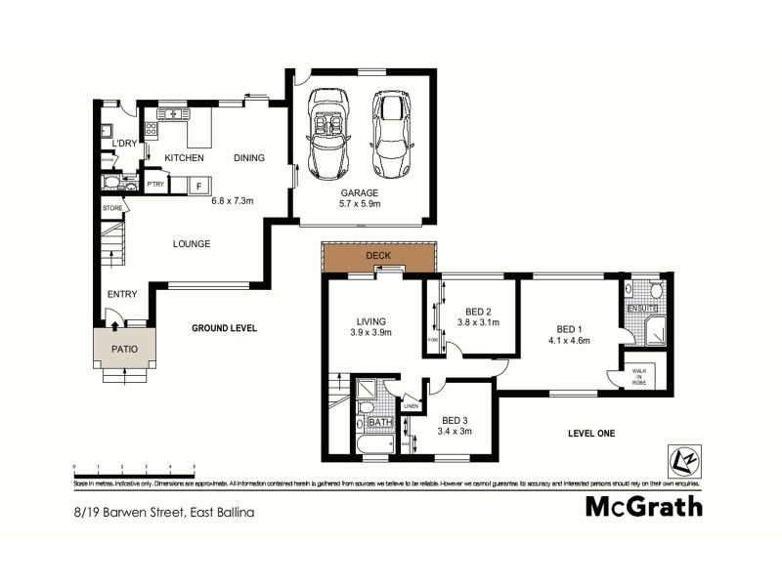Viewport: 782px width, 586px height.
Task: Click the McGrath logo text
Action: [x=643, y=506]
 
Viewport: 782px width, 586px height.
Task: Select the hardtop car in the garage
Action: [x=391, y=135]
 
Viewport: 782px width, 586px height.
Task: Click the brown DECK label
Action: [x=378, y=257]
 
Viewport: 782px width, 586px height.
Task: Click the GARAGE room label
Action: [x=360, y=193]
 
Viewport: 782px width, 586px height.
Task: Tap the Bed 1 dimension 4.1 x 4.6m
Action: [x=568, y=341]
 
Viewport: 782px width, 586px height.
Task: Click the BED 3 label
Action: [x=456, y=420]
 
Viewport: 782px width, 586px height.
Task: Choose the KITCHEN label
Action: [x=184, y=157]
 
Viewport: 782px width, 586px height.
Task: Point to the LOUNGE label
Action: [x=192, y=244]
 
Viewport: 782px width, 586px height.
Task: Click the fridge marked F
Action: [x=198, y=185]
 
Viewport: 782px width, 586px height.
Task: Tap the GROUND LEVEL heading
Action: [x=224, y=328]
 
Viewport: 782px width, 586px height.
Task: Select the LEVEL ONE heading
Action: [x=591, y=434]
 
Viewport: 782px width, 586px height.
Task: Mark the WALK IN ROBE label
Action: [x=639, y=376]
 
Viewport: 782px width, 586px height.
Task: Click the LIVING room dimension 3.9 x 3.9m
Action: [x=370, y=333]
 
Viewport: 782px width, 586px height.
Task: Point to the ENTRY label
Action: [x=122, y=294]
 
